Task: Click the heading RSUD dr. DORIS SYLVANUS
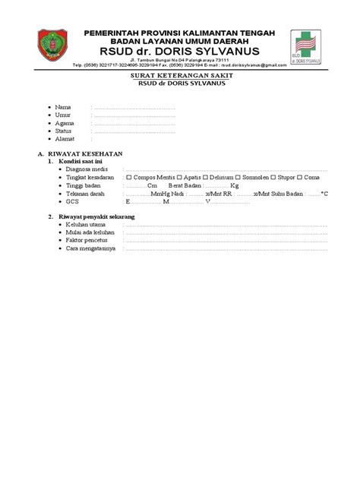click(x=172, y=50)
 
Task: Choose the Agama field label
click(x=65, y=123)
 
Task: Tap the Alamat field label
click(x=66, y=139)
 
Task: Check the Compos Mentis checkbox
click(x=129, y=177)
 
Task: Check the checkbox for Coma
click(x=302, y=177)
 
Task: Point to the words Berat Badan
click(x=186, y=185)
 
